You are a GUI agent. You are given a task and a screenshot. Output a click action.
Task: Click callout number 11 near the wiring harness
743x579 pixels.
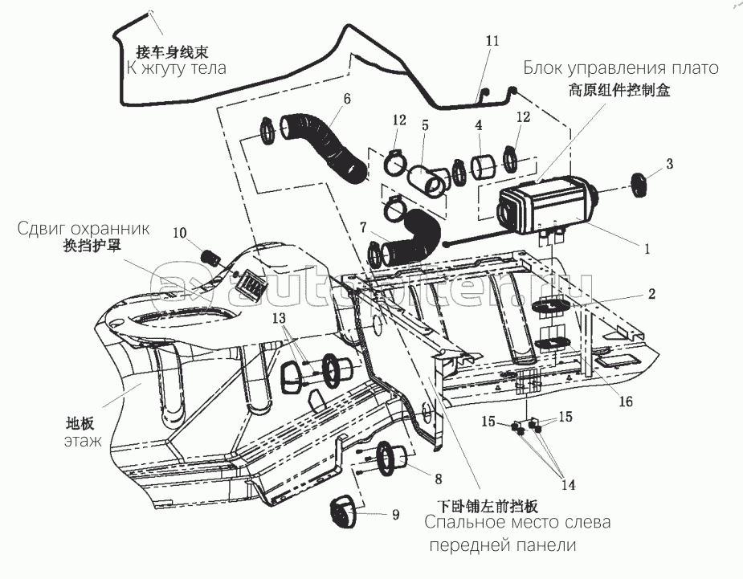(492, 40)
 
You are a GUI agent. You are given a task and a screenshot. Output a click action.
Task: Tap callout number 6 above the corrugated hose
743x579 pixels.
(346, 99)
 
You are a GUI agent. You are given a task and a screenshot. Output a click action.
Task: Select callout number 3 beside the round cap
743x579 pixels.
(669, 163)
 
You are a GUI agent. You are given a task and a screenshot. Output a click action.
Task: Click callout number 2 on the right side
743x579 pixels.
(651, 294)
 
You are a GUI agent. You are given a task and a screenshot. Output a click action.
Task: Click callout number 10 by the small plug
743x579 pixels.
(179, 233)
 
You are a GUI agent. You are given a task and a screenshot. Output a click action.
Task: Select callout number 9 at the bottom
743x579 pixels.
(395, 515)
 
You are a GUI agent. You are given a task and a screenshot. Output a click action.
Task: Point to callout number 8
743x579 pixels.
(438, 479)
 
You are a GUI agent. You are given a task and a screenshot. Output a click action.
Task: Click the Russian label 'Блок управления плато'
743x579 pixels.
(621, 68)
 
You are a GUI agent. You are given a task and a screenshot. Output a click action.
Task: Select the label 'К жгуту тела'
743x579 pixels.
(177, 68)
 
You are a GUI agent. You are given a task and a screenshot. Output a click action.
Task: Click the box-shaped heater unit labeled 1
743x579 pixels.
(546, 206)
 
